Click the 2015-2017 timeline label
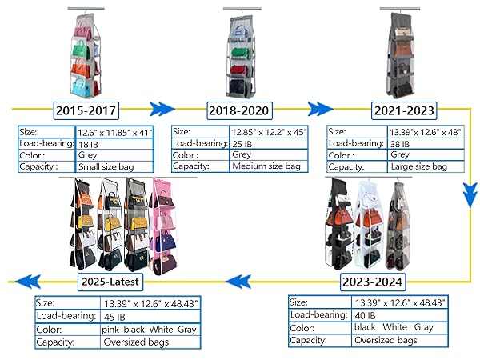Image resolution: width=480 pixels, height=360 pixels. click(x=86, y=110)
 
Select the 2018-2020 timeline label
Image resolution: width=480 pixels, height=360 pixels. click(x=239, y=110)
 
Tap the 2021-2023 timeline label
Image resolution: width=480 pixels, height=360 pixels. click(x=404, y=110)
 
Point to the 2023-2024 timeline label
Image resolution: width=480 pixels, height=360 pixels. click(x=373, y=282)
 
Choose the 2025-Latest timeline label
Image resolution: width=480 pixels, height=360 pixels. click(x=110, y=282)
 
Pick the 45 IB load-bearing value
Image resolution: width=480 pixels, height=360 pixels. click(x=114, y=317)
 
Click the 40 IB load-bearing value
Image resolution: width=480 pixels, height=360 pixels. click(x=366, y=315)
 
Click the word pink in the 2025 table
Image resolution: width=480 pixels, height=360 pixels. click(x=110, y=330)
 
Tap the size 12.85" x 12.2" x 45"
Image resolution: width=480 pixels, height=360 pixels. click(x=270, y=132)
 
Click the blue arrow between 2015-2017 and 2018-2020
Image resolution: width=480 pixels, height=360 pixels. click(x=162, y=109)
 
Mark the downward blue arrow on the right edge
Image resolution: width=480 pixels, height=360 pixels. click(x=470, y=195)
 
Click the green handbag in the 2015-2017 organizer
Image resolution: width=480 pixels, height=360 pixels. click(x=80, y=49)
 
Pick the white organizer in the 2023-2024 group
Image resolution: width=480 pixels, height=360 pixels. click(x=370, y=226)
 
